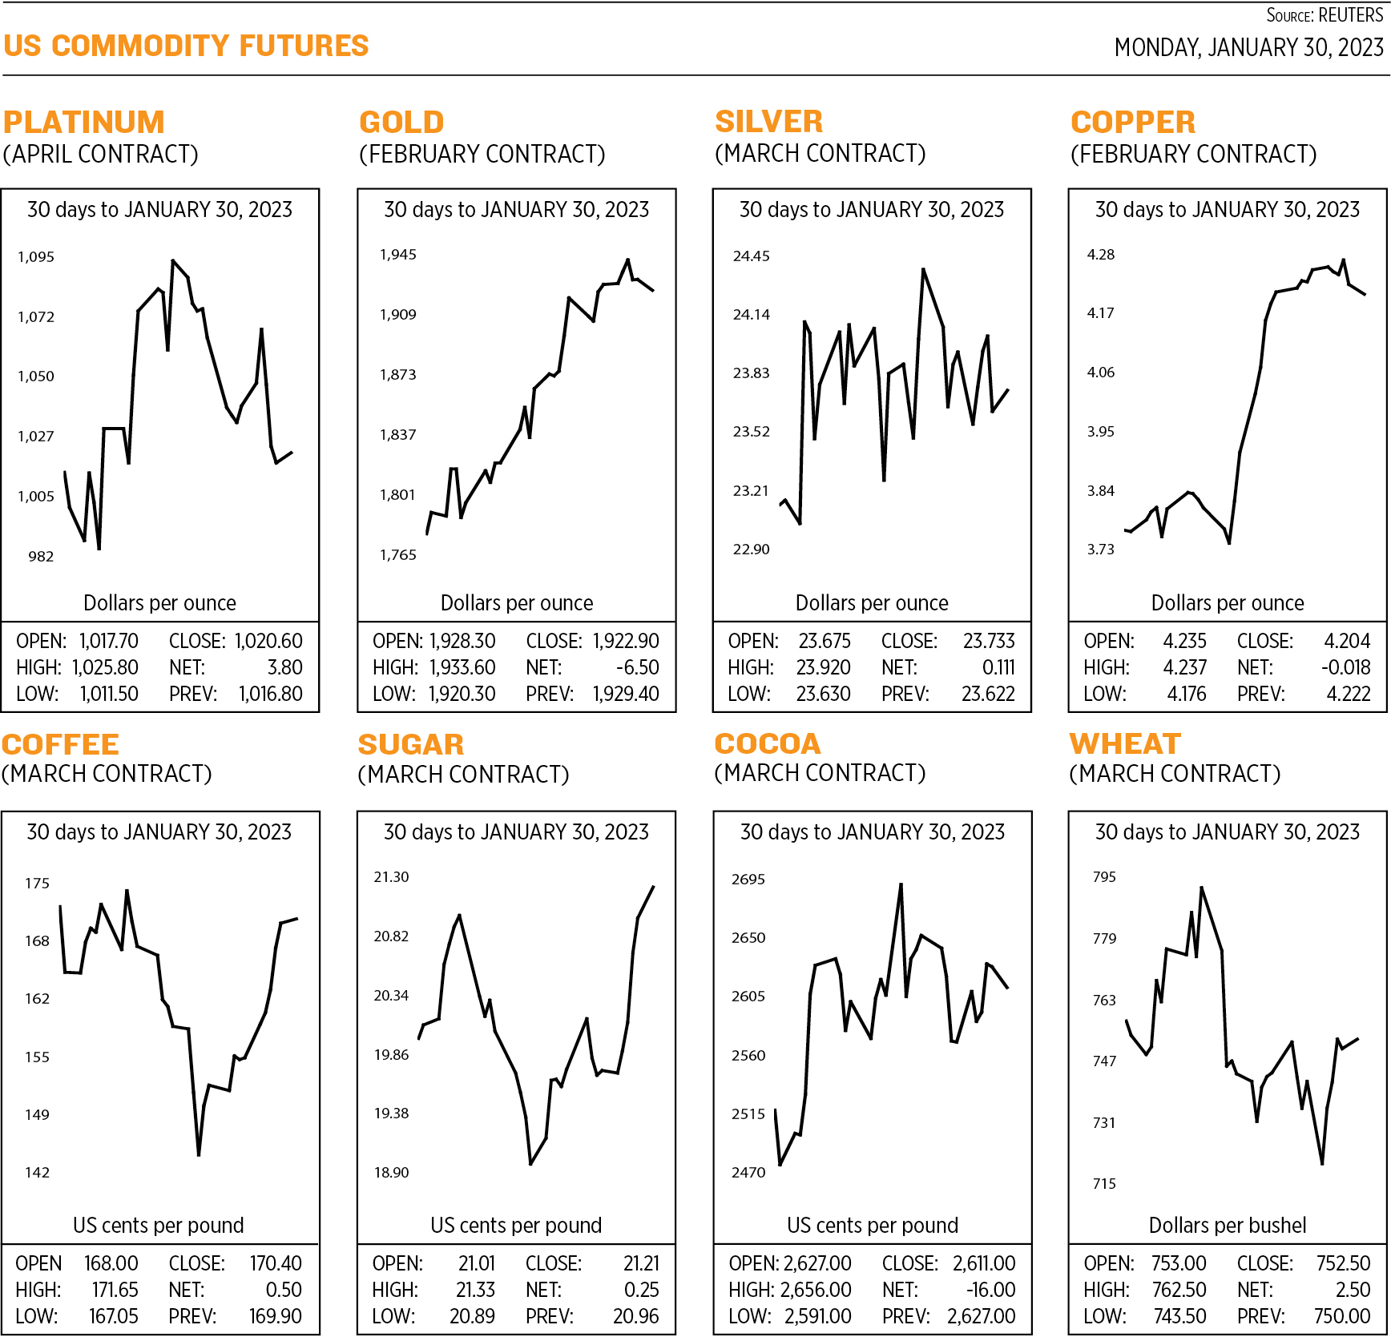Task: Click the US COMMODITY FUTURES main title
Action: [x=186, y=46]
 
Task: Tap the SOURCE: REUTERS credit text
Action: [x=1324, y=15]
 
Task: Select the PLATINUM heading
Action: [x=83, y=122]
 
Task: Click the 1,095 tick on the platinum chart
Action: [x=36, y=257]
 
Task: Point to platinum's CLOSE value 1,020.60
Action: [x=268, y=641]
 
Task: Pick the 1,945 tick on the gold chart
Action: [x=397, y=255]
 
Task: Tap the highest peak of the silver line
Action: [x=923, y=270]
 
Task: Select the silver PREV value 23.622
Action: [x=988, y=694]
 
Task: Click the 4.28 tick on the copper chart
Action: [x=1100, y=255]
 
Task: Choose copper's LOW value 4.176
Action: [x=1187, y=694]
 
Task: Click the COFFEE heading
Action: [x=60, y=744]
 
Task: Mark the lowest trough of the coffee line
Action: [x=199, y=1154]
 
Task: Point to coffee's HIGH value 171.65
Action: [x=115, y=1290]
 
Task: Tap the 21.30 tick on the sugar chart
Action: [x=391, y=877]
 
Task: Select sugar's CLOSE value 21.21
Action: [x=641, y=1263]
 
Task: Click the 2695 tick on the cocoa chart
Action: [x=748, y=880]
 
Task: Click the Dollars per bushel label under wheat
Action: [x=1227, y=1225]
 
